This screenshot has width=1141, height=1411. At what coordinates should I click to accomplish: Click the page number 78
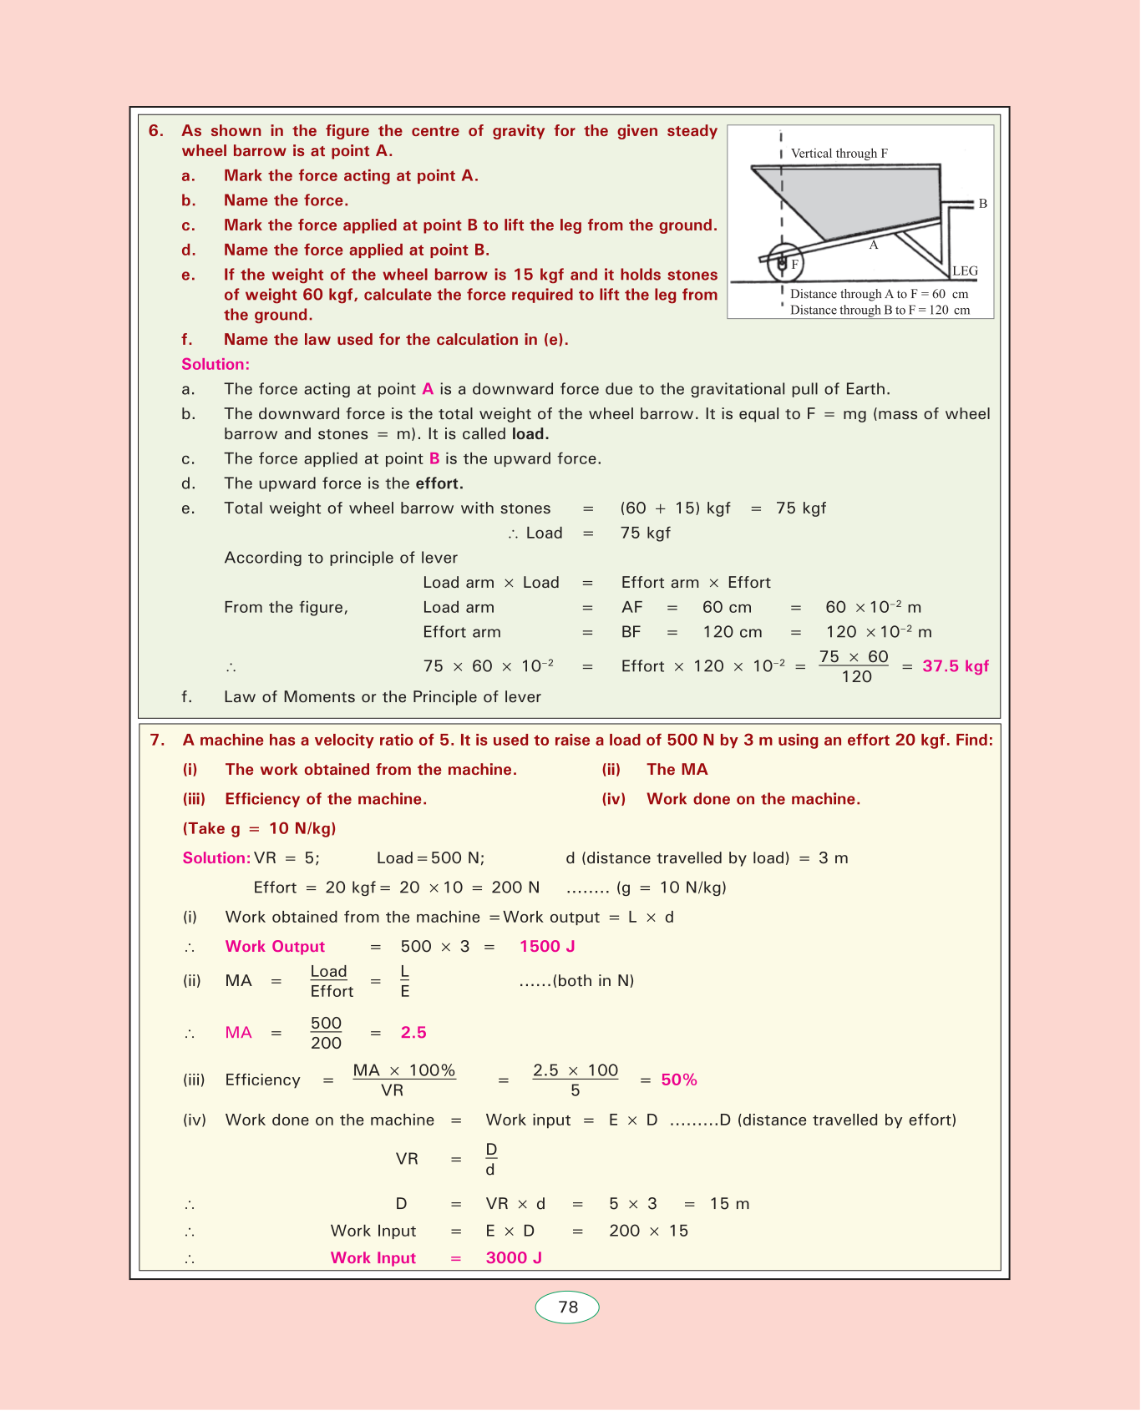pos(567,1307)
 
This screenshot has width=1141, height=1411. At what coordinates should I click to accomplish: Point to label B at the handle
pos(982,204)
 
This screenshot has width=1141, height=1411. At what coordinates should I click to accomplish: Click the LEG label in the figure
pos(965,271)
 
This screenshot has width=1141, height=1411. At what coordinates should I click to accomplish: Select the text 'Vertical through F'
pos(839,154)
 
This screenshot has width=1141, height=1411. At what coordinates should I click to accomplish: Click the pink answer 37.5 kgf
pos(956,666)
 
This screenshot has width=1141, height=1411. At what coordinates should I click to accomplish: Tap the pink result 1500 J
pos(547,947)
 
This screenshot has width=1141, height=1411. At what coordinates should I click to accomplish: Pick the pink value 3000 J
pos(514,1258)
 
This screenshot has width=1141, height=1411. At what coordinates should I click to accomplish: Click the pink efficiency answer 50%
pos(679,1080)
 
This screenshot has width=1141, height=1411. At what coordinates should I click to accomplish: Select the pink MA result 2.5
pos(413,1033)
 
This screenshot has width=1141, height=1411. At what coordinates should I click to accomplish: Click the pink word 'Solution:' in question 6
pos(216,365)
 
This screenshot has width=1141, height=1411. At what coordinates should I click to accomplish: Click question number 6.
pos(156,131)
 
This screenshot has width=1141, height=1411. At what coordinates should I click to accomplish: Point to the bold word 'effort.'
pos(439,484)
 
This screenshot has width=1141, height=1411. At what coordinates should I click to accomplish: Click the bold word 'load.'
pos(530,434)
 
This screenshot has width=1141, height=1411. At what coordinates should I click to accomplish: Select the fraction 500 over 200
pos(326,1033)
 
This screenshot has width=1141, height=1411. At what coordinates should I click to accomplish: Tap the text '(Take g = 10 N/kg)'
pos(259,829)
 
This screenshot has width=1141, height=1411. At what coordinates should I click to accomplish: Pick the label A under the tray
pos(874,245)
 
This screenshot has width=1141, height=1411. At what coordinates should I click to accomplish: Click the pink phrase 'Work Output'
pos(275,947)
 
